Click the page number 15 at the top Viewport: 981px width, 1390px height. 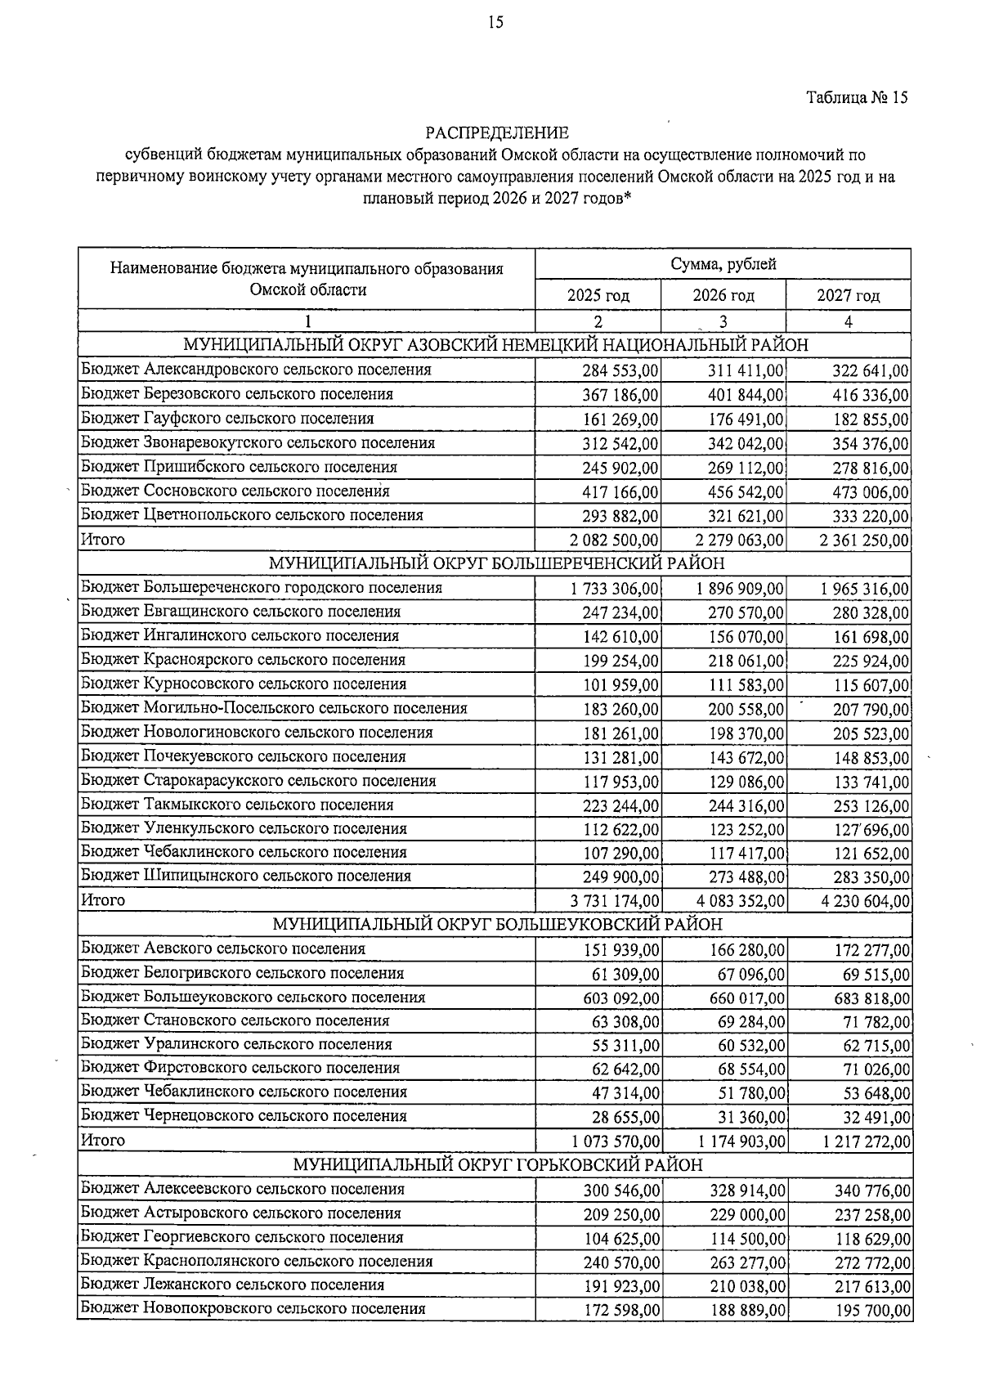tap(495, 23)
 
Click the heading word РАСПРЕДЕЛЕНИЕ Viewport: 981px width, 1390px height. tap(496, 132)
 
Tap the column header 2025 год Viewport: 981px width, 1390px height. tap(598, 295)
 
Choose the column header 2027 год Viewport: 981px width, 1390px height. tap(849, 295)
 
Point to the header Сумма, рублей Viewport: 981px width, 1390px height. tap(723, 264)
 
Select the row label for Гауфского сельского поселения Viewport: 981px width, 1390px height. tap(227, 419)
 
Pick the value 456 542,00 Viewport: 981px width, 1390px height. tap(746, 492)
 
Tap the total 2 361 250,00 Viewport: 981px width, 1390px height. tap(858, 540)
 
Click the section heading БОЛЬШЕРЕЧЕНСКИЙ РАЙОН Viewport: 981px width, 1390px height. tap(495, 563)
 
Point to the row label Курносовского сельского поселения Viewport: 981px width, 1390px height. tap(244, 684)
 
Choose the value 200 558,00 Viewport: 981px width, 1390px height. tap(746, 709)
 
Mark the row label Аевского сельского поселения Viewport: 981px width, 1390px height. tap(223, 948)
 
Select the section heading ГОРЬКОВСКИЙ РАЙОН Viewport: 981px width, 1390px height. tap(497, 1164)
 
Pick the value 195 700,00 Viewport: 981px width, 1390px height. tap(871, 1311)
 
